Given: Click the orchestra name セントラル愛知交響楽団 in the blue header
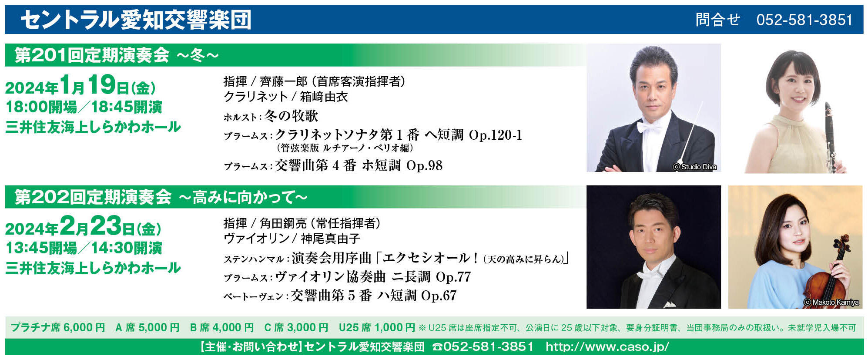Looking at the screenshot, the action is (136, 20).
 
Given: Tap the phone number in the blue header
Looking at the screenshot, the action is (804, 20).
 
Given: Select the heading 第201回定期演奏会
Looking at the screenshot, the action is (92, 55).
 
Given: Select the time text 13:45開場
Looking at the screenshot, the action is (41, 248).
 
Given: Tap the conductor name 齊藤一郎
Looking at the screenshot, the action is (284, 81).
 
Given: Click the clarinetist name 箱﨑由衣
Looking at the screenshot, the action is (324, 97).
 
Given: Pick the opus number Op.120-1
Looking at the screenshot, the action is (495, 135).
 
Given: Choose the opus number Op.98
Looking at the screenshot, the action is (424, 166).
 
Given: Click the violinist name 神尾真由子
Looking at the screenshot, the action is (330, 239).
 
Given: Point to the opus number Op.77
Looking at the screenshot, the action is (453, 277).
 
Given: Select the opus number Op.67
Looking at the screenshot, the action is (439, 296).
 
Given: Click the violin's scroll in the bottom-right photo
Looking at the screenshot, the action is (845, 240).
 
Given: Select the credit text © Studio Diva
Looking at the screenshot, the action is (694, 167).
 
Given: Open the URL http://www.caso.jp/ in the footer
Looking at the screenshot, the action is (607, 347).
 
